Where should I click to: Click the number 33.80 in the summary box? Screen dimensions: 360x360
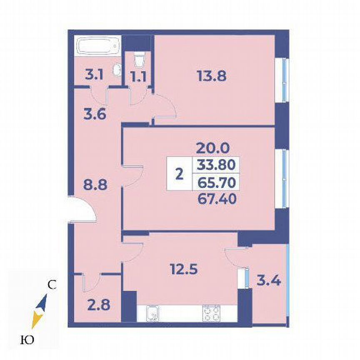[214, 165]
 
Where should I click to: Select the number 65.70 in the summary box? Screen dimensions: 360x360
[214, 182]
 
